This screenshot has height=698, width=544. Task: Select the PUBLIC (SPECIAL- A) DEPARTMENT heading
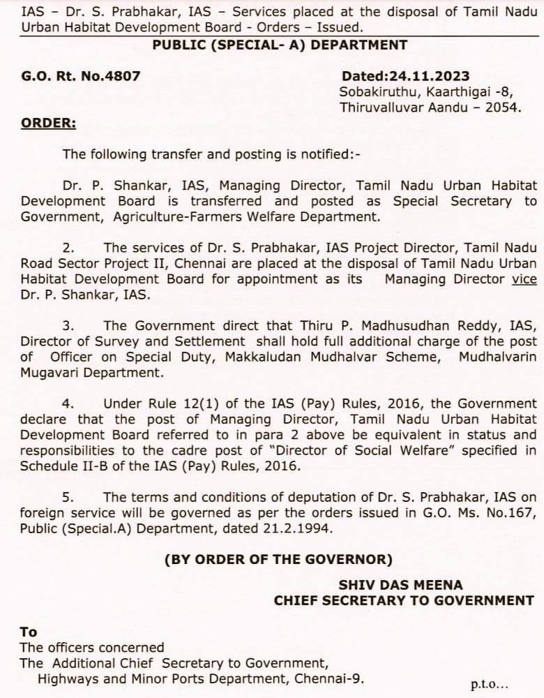pyautogui.click(x=280, y=45)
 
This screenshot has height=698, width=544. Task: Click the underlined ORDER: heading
pyautogui.click(x=48, y=123)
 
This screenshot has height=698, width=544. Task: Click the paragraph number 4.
pyautogui.click(x=68, y=403)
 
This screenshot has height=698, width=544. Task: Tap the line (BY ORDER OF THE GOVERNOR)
pyautogui.click(x=278, y=559)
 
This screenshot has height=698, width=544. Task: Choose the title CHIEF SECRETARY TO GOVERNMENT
pyautogui.click(x=404, y=600)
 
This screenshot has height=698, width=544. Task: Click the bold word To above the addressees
pyautogui.click(x=29, y=632)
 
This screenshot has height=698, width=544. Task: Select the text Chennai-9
pyautogui.click(x=333, y=678)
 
